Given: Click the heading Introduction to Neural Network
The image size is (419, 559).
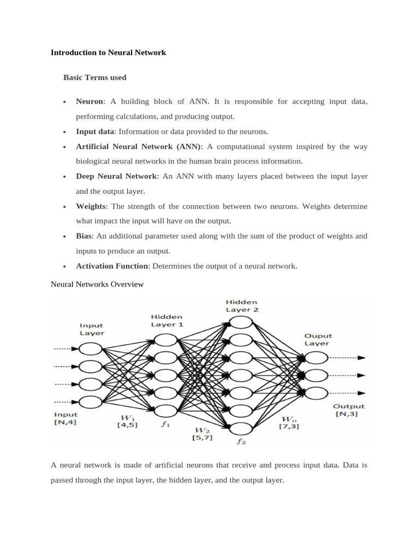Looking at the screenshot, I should [x=108, y=53].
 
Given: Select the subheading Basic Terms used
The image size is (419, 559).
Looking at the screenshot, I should [x=94, y=78].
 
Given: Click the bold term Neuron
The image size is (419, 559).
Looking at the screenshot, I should [x=89, y=102].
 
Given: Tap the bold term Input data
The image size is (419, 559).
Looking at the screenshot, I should [x=95, y=132].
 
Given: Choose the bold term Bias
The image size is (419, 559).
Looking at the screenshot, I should [x=84, y=236].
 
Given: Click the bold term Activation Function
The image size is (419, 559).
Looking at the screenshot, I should [x=112, y=266].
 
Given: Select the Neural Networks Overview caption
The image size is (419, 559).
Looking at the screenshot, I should [x=97, y=284].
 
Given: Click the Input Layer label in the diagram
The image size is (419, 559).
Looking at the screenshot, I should [x=92, y=329].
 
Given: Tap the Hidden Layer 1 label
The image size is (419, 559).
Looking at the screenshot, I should [x=166, y=320].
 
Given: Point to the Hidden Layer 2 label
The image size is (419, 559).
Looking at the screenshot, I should [x=241, y=306].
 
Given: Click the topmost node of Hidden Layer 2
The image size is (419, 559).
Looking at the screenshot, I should [x=241, y=323].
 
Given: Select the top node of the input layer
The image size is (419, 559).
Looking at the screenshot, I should [x=91, y=349].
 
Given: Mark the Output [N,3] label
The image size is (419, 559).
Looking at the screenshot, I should [x=349, y=411].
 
